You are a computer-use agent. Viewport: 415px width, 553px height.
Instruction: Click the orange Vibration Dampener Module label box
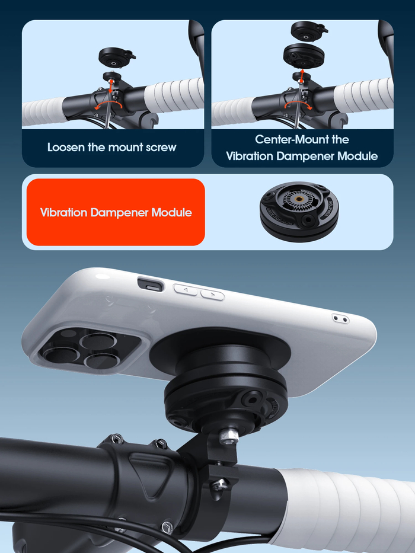point(116,212)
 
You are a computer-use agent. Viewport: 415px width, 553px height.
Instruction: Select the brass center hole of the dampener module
point(299,199)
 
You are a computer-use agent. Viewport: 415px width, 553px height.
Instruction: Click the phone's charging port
point(151,285)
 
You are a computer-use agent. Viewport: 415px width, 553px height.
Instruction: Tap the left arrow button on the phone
point(185,290)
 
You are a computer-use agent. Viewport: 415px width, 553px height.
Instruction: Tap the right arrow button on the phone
point(212,295)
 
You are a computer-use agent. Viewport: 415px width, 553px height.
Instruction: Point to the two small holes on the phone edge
point(341,319)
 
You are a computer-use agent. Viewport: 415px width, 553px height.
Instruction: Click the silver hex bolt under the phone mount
point(229,436)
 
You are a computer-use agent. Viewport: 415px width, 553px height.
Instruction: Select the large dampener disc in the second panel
point(304,55)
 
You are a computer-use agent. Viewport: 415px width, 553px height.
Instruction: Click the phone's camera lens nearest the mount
point(101,361)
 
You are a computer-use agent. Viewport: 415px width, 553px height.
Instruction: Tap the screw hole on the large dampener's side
point(251,399)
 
